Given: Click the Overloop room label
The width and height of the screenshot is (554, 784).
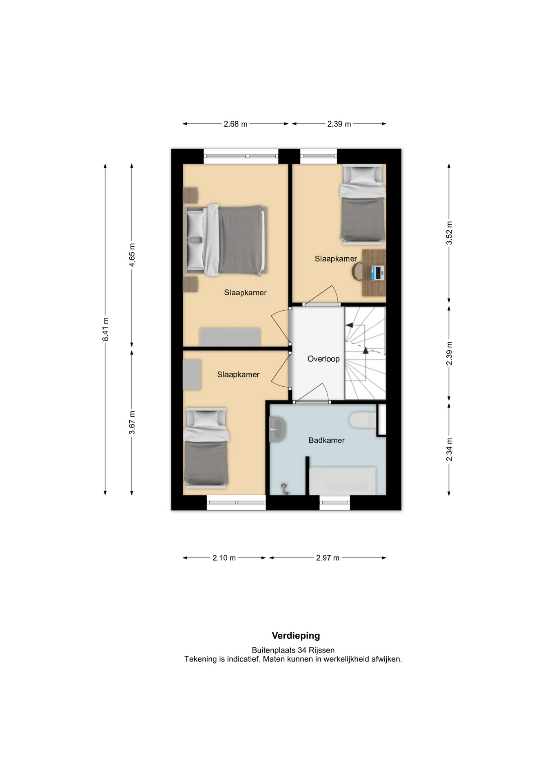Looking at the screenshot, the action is (x=323, y=359).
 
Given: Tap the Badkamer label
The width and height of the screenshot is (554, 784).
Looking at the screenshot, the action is (x=326, y=440).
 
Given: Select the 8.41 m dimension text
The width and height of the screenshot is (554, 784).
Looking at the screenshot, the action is (x=105, y=329).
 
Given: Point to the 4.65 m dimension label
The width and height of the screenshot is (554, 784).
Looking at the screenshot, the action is (x=132, y=255).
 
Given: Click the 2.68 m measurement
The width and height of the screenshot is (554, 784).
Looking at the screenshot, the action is (x=235, y=124).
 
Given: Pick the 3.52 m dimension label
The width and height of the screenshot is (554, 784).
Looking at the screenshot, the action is (x=449, y=233).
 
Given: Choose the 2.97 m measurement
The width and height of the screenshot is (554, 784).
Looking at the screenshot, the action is (x=328, y=558).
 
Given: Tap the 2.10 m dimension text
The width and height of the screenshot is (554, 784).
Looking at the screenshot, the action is (x=224, y=558).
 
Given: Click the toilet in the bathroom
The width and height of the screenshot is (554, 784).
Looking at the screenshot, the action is (x=363, y=420).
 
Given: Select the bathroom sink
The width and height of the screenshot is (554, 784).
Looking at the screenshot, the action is (x=277, y=430).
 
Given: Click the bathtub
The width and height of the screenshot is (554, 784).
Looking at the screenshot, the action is (x=342, y=481).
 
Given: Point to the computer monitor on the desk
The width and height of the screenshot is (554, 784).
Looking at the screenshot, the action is (x=377, y=273).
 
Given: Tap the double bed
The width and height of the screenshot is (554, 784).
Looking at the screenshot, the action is (x=226, y=240).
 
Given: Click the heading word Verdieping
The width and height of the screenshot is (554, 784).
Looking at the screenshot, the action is (x=296, y=635).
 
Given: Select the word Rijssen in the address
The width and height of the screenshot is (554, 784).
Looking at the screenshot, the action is (x=321, y=650).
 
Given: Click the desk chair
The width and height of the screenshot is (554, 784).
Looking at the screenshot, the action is (x=357, y=272).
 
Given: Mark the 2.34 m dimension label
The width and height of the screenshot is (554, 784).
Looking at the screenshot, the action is (x=449, y=450).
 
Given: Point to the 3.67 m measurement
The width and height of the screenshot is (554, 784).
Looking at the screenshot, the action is (x=132, y=423).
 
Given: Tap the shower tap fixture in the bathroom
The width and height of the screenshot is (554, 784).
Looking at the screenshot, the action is (x=284, y=489).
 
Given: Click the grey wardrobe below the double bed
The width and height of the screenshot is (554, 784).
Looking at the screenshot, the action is (x=230, y=337).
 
